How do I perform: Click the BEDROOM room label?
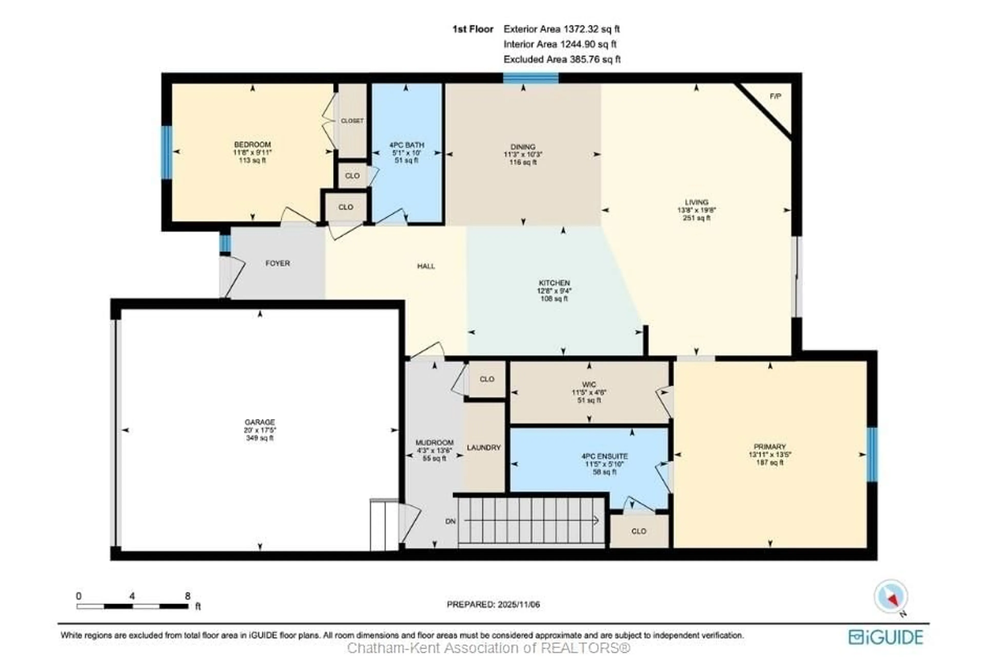tap(252, 144)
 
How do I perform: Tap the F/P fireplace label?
tap(775, 96)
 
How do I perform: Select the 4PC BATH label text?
tap(406, 145)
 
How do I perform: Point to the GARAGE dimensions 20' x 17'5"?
tap(260, 430)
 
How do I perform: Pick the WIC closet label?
tap(589, 385)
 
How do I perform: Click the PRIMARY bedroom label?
tap(770, 447)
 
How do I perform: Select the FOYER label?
tap(277, 263)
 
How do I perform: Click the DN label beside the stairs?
tap(450, 522)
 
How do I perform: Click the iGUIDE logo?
tap(886, 637)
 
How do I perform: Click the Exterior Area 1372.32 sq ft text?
tap(562, 29)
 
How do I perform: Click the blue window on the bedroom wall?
tap(167, 153)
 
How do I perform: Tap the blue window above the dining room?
tap(530, 78)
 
